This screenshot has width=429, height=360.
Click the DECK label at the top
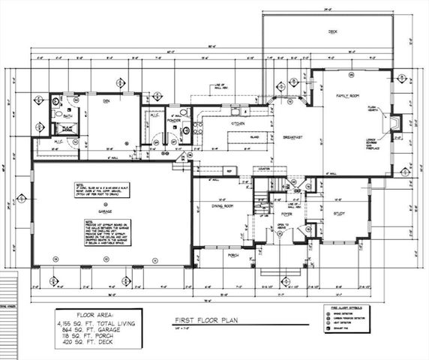[x=332, y=31]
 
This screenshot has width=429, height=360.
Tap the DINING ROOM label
[x=219, y=205]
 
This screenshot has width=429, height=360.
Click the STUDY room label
[x=339, y=214]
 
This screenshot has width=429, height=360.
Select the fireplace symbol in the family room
[x=395, y=123]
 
